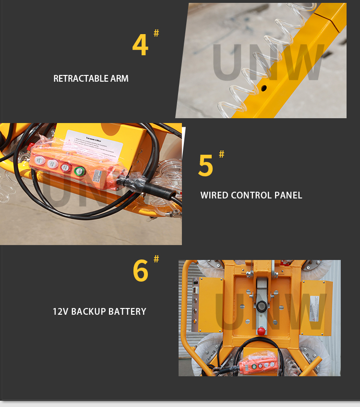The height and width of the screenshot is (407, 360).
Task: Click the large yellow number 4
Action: [140, 46]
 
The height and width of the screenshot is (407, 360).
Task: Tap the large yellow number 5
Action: [205, 165]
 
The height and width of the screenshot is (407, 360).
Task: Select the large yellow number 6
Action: [141, 271]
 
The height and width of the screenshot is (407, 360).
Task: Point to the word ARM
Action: [120, 78]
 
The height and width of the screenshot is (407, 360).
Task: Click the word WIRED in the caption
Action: [214, 195]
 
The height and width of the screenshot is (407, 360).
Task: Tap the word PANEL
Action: [288, 195]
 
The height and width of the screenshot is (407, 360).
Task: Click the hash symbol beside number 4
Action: [156, 33]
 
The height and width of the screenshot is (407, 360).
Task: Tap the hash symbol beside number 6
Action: [156, 259]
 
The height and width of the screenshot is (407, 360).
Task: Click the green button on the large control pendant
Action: [79, 171]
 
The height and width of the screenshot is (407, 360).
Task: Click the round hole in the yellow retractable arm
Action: [264, 88]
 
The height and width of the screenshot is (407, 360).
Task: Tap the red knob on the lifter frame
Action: [261, 331]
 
